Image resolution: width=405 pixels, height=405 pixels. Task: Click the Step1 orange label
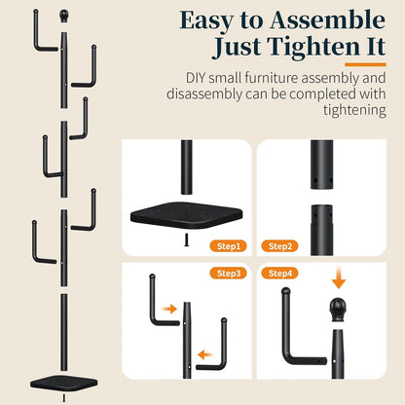(228, 246)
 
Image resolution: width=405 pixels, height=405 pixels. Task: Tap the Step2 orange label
(280, 246)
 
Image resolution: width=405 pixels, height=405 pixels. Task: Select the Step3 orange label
(228, 274)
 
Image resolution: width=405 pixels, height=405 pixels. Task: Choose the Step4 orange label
(280, 274)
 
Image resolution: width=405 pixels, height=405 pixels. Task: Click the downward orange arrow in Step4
(339, 277)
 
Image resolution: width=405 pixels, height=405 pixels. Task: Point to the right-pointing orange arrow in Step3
(169, 309)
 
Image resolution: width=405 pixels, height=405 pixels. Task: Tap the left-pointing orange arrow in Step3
(205, 354)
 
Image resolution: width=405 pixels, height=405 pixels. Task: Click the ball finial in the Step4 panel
(338, 310)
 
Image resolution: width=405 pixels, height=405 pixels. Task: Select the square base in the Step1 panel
(186, 214)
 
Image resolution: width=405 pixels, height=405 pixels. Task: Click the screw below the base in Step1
(186, 240)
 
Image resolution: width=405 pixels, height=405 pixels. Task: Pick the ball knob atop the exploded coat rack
(64, 16)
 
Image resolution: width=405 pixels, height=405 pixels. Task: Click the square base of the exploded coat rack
(64, 384)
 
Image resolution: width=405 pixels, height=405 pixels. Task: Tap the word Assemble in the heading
(327, 20)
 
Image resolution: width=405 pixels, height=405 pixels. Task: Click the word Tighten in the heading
(313, 48)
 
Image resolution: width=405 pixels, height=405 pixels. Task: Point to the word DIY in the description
(196, 78)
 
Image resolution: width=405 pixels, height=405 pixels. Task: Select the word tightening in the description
(354, 110)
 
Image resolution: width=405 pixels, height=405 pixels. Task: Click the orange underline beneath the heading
(365, 64)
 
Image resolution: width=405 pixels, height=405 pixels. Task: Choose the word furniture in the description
(272, 78)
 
